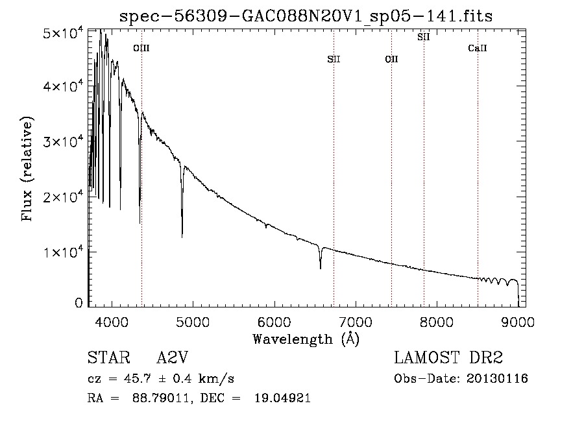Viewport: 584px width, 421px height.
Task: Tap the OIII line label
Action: tap(141, 48)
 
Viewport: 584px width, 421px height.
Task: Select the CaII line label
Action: tap(478, 48)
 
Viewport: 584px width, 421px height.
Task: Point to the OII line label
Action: tap(391, 59)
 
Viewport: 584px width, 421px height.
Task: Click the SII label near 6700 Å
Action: tap(334, 59)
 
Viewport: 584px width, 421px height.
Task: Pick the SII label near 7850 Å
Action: tap(424, 37)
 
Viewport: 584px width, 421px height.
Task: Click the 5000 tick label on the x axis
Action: tap(193, 321)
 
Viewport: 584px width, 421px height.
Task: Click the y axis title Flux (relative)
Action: tap(28, 169)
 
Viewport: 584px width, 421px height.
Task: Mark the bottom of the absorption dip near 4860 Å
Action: tap(182, 236)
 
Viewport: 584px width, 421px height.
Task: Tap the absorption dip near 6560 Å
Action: tap(320, 267)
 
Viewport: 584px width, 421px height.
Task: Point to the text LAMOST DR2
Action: tap(448, 359)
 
